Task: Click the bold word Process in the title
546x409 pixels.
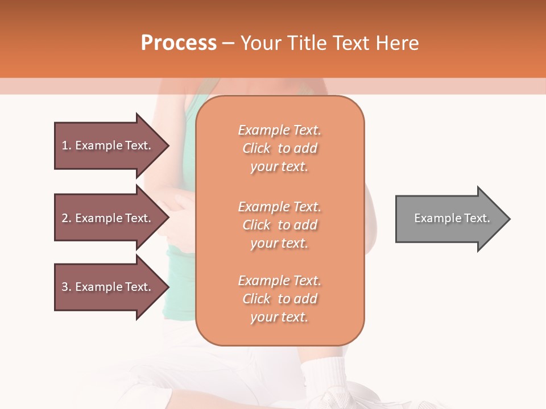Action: pos(179,43)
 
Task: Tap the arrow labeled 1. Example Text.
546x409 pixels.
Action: pos(108,145)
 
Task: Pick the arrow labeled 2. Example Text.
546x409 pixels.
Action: pos(108,218)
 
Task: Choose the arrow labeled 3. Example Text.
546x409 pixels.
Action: pos(108,287)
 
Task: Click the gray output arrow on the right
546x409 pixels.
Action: pos(449,219)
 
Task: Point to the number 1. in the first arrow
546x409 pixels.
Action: pos(67,145)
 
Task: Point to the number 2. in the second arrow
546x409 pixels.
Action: pos(67,218)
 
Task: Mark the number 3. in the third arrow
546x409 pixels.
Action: pos(67,287)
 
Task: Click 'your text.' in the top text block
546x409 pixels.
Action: pos(279,167)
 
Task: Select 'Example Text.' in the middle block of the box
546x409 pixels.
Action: pos(279,207)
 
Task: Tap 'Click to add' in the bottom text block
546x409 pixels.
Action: pos(279,299)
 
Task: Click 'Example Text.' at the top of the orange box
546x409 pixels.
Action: pos(279,130)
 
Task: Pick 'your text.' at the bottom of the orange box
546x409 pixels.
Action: pos(279,318)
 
